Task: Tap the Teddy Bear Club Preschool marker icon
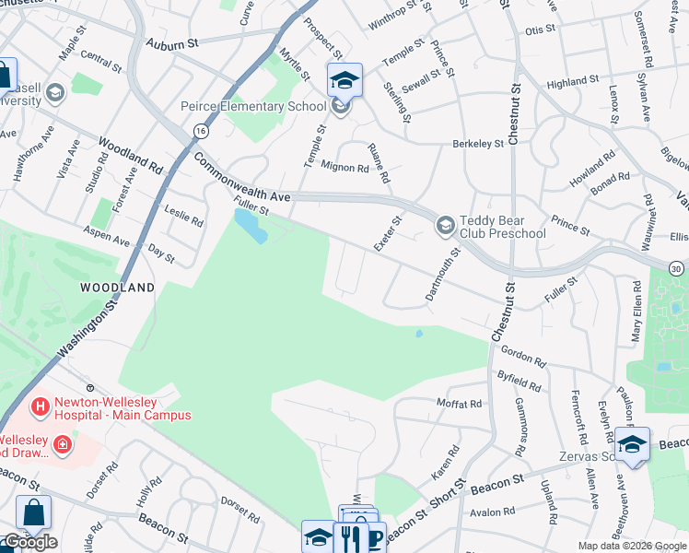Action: tap(446, 225)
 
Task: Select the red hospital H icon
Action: tap(41, 406)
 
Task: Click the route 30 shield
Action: tap(679, 265)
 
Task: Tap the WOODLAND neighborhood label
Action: tap(117, 288)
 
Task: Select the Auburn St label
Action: tap(172, 43)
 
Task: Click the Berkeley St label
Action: tap(478, 144)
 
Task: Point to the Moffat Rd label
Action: tap(458, 404)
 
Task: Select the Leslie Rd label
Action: tap(184, 218)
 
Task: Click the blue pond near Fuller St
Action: tap(251, 224)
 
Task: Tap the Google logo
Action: tap(29, 542)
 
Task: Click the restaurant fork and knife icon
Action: tap(351, 538)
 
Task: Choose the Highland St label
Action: tap(573, 83)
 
